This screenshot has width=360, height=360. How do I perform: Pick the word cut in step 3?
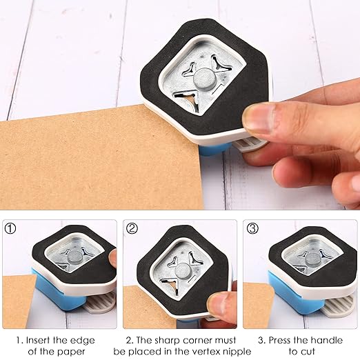pyautogui.click(x=312, y=352)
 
